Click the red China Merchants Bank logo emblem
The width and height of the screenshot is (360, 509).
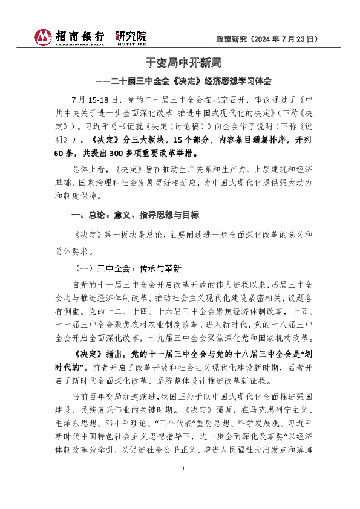(44, 37)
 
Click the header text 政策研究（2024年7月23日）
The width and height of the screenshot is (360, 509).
(267, 38)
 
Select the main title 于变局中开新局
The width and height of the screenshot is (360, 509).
(180, 63)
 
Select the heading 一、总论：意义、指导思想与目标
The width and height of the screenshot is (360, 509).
(135, 215)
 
